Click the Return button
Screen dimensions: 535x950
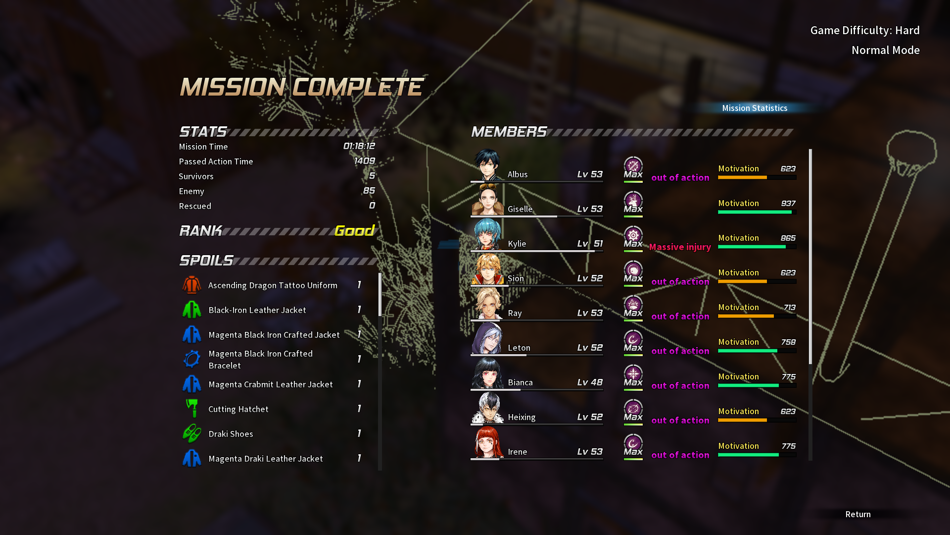pos(858,514)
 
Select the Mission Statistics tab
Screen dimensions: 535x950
pos(755,108)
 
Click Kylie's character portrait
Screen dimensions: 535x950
pos(487,235)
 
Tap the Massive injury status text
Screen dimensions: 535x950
pos(680,247)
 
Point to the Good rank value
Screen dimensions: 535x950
pos(354,231)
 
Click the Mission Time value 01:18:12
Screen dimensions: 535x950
pos(359,146)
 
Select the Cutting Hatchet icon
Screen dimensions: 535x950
pos(191,409)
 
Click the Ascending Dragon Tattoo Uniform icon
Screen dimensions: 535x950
pos(191,285)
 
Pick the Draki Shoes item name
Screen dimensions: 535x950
pos(231,434)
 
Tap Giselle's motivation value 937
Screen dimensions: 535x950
pos(788,204)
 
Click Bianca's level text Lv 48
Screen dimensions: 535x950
pos(590,382)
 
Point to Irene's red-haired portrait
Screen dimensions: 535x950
pos(487,443)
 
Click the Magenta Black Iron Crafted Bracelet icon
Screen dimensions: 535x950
pos(191,359)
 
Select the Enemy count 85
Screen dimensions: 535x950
pos(369,191)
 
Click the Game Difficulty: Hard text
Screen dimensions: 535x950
pos(864,30)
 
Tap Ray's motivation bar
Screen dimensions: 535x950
pos(757,316)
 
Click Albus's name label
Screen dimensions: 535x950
pos(518,174)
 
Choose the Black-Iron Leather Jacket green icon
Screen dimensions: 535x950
pos(191,310)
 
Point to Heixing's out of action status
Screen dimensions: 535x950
pos(680,420)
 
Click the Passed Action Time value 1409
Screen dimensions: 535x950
pos(364,161)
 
